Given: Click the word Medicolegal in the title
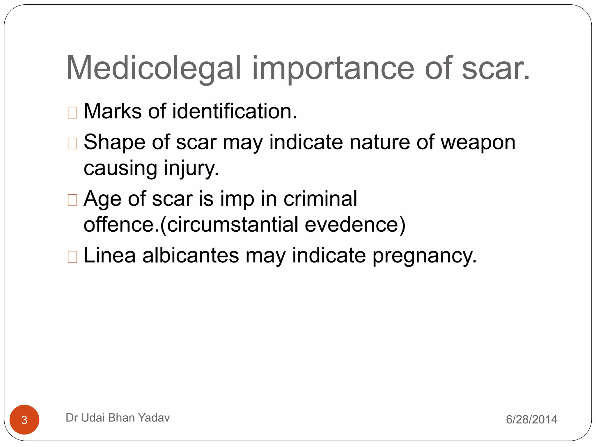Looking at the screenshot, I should (154, 68).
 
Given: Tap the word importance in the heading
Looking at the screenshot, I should (333, 68).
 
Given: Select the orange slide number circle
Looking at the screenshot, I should (24, 419).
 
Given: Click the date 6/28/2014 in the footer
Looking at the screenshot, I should (531, 419).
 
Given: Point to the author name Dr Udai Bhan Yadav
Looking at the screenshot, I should (118, 418).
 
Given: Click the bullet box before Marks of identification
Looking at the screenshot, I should (72, 113).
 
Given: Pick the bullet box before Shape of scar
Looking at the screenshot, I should (72, 143).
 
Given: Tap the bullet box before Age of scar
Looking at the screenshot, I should (72, 200).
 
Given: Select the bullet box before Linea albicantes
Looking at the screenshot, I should (72, 257).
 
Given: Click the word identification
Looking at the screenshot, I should (235, 111).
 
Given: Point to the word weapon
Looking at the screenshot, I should (478, 143).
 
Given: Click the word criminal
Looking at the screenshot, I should (320, 199).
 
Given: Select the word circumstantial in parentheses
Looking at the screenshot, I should (233, 225).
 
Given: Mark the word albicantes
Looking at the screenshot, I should (191, 256).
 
